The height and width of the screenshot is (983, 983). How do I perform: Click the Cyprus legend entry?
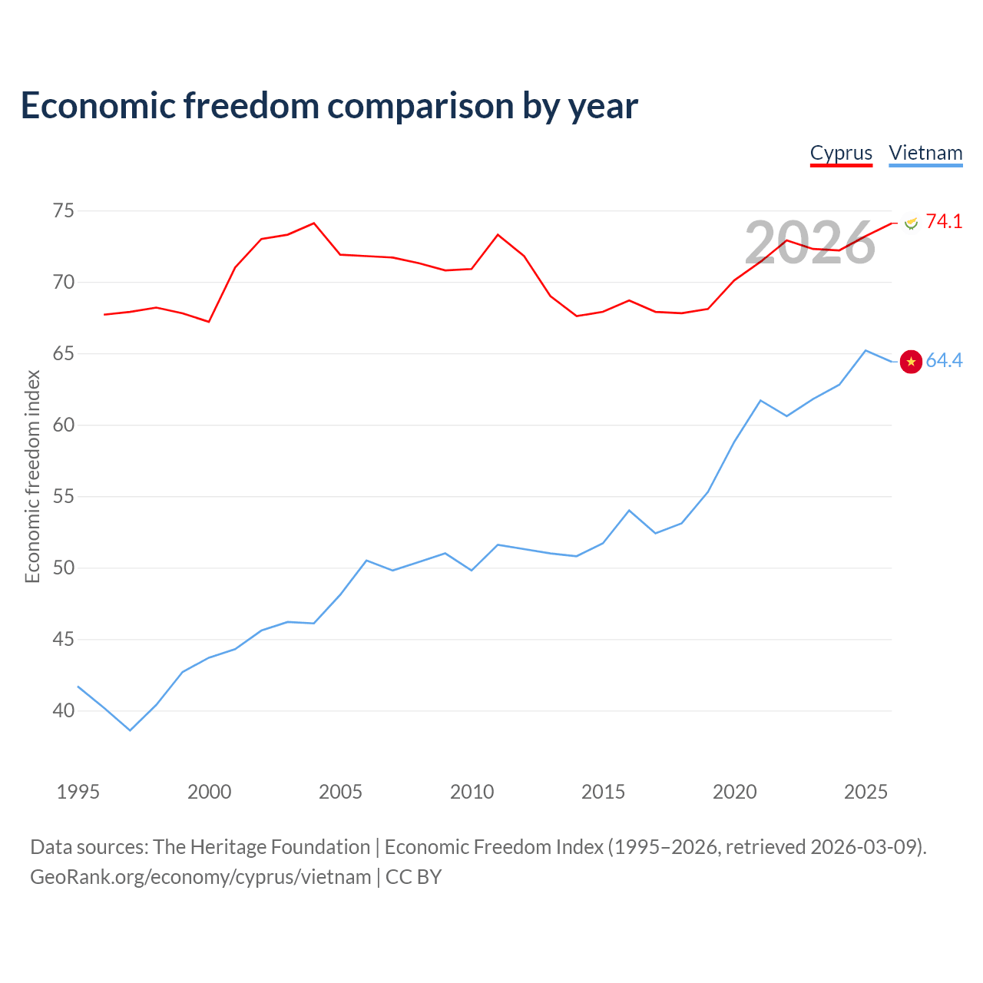tap(841, 154)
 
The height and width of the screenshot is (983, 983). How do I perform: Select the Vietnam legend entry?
tap(925, 154)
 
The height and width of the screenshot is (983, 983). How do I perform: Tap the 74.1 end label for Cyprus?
tap(944, 221)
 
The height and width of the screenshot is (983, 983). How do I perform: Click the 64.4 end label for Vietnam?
tap(944, 360)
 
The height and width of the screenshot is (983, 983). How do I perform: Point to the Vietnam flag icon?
tap(911, 362)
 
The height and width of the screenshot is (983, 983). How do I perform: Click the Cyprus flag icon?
tap(911, 223)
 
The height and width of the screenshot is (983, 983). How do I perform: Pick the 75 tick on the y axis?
tap(63, 210)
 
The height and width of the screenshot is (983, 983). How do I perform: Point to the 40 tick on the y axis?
tap(63, 710)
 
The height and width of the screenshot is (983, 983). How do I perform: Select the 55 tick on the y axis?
tap(63, 496)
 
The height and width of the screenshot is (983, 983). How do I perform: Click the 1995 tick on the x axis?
tap(78, 792)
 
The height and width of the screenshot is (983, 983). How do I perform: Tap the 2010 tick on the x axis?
tap(472, 792)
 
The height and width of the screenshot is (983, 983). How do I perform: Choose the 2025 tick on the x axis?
tap(866, 792)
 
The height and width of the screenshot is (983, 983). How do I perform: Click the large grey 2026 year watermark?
tap(809, 243)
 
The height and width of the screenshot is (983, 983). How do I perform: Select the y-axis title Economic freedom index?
tap(32, 476)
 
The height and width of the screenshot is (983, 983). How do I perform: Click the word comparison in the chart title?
tap(420, 107)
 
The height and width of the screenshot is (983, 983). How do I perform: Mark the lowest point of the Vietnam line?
tap(130, 730)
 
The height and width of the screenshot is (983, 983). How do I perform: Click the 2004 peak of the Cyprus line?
tap(314, 223)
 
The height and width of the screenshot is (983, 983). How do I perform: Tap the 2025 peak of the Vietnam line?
tap(866, 350)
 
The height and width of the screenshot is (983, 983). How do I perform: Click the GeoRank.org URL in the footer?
tap(200, 877)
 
